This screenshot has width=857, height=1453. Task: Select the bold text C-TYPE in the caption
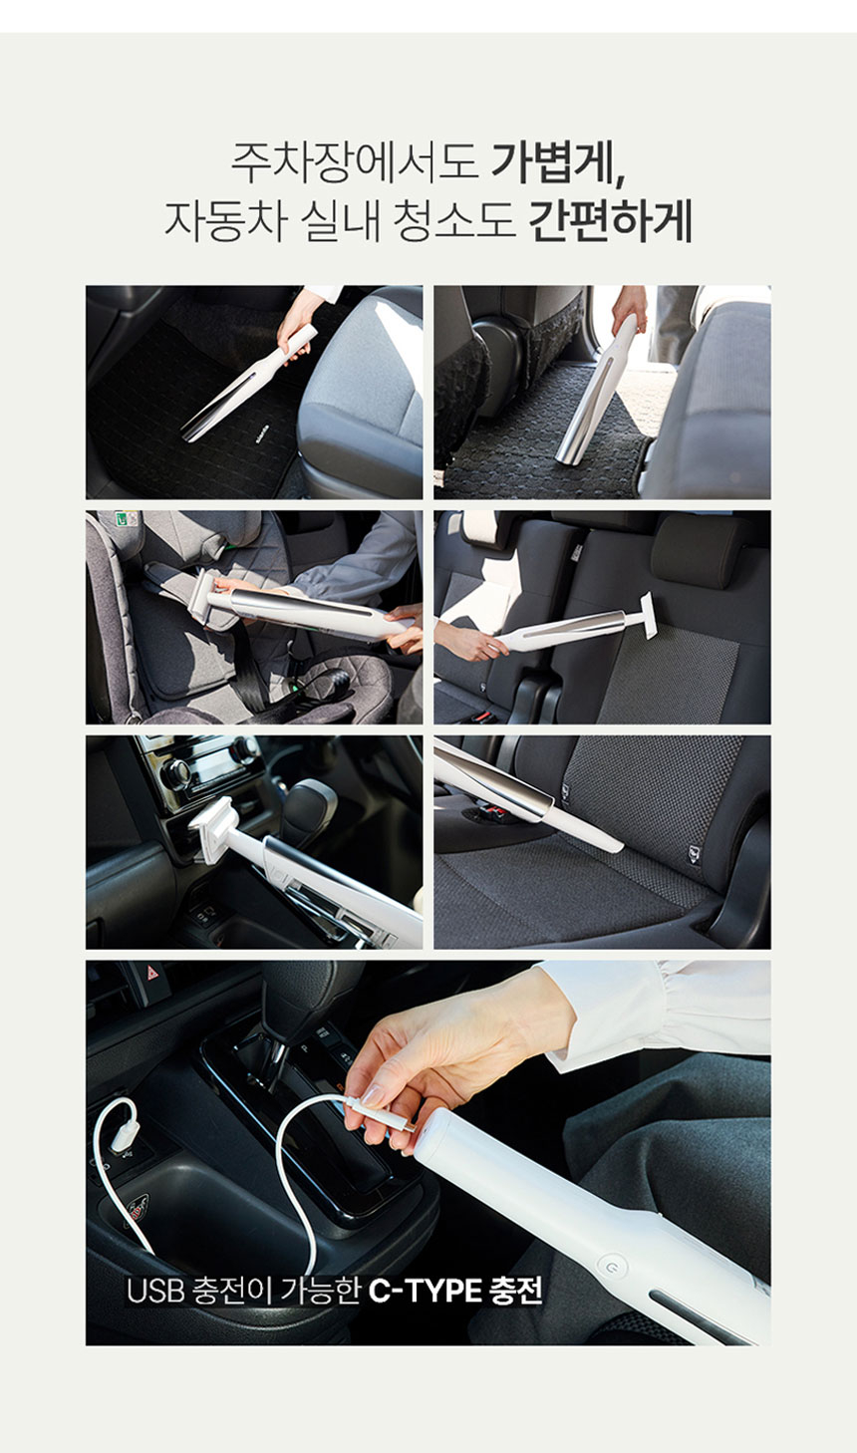425,1291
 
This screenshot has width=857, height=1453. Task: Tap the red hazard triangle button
153,973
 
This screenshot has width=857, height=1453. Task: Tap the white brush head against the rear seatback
648,615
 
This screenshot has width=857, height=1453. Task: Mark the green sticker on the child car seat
122,519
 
